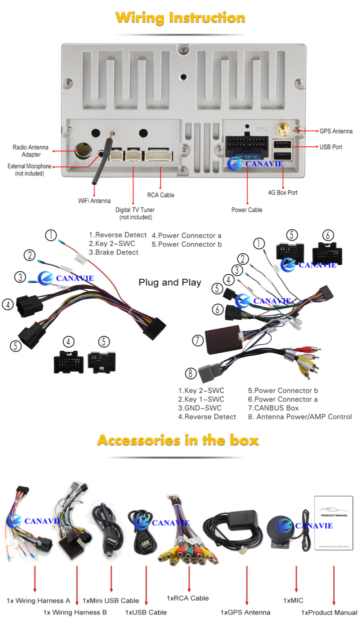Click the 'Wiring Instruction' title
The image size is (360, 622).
[180, 18]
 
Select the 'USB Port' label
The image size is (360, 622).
[330, 147]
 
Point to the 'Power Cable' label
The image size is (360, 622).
[246, 210]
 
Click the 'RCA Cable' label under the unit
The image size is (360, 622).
[160, 195]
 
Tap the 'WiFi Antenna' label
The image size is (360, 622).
[94, 201]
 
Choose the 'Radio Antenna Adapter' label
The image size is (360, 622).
[30, 151]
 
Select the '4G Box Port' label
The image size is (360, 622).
[282, 192]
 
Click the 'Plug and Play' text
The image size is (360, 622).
[169, 283]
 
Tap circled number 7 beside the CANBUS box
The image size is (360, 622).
[198, 341]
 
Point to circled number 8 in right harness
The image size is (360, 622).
[189, 373]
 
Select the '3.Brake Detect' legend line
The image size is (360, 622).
[113, 252]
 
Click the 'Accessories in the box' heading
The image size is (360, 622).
[178, 440]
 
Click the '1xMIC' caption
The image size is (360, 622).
[293, 600]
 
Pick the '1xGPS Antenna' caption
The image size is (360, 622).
[245, 612]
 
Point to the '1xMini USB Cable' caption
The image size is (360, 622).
[110, 601]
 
